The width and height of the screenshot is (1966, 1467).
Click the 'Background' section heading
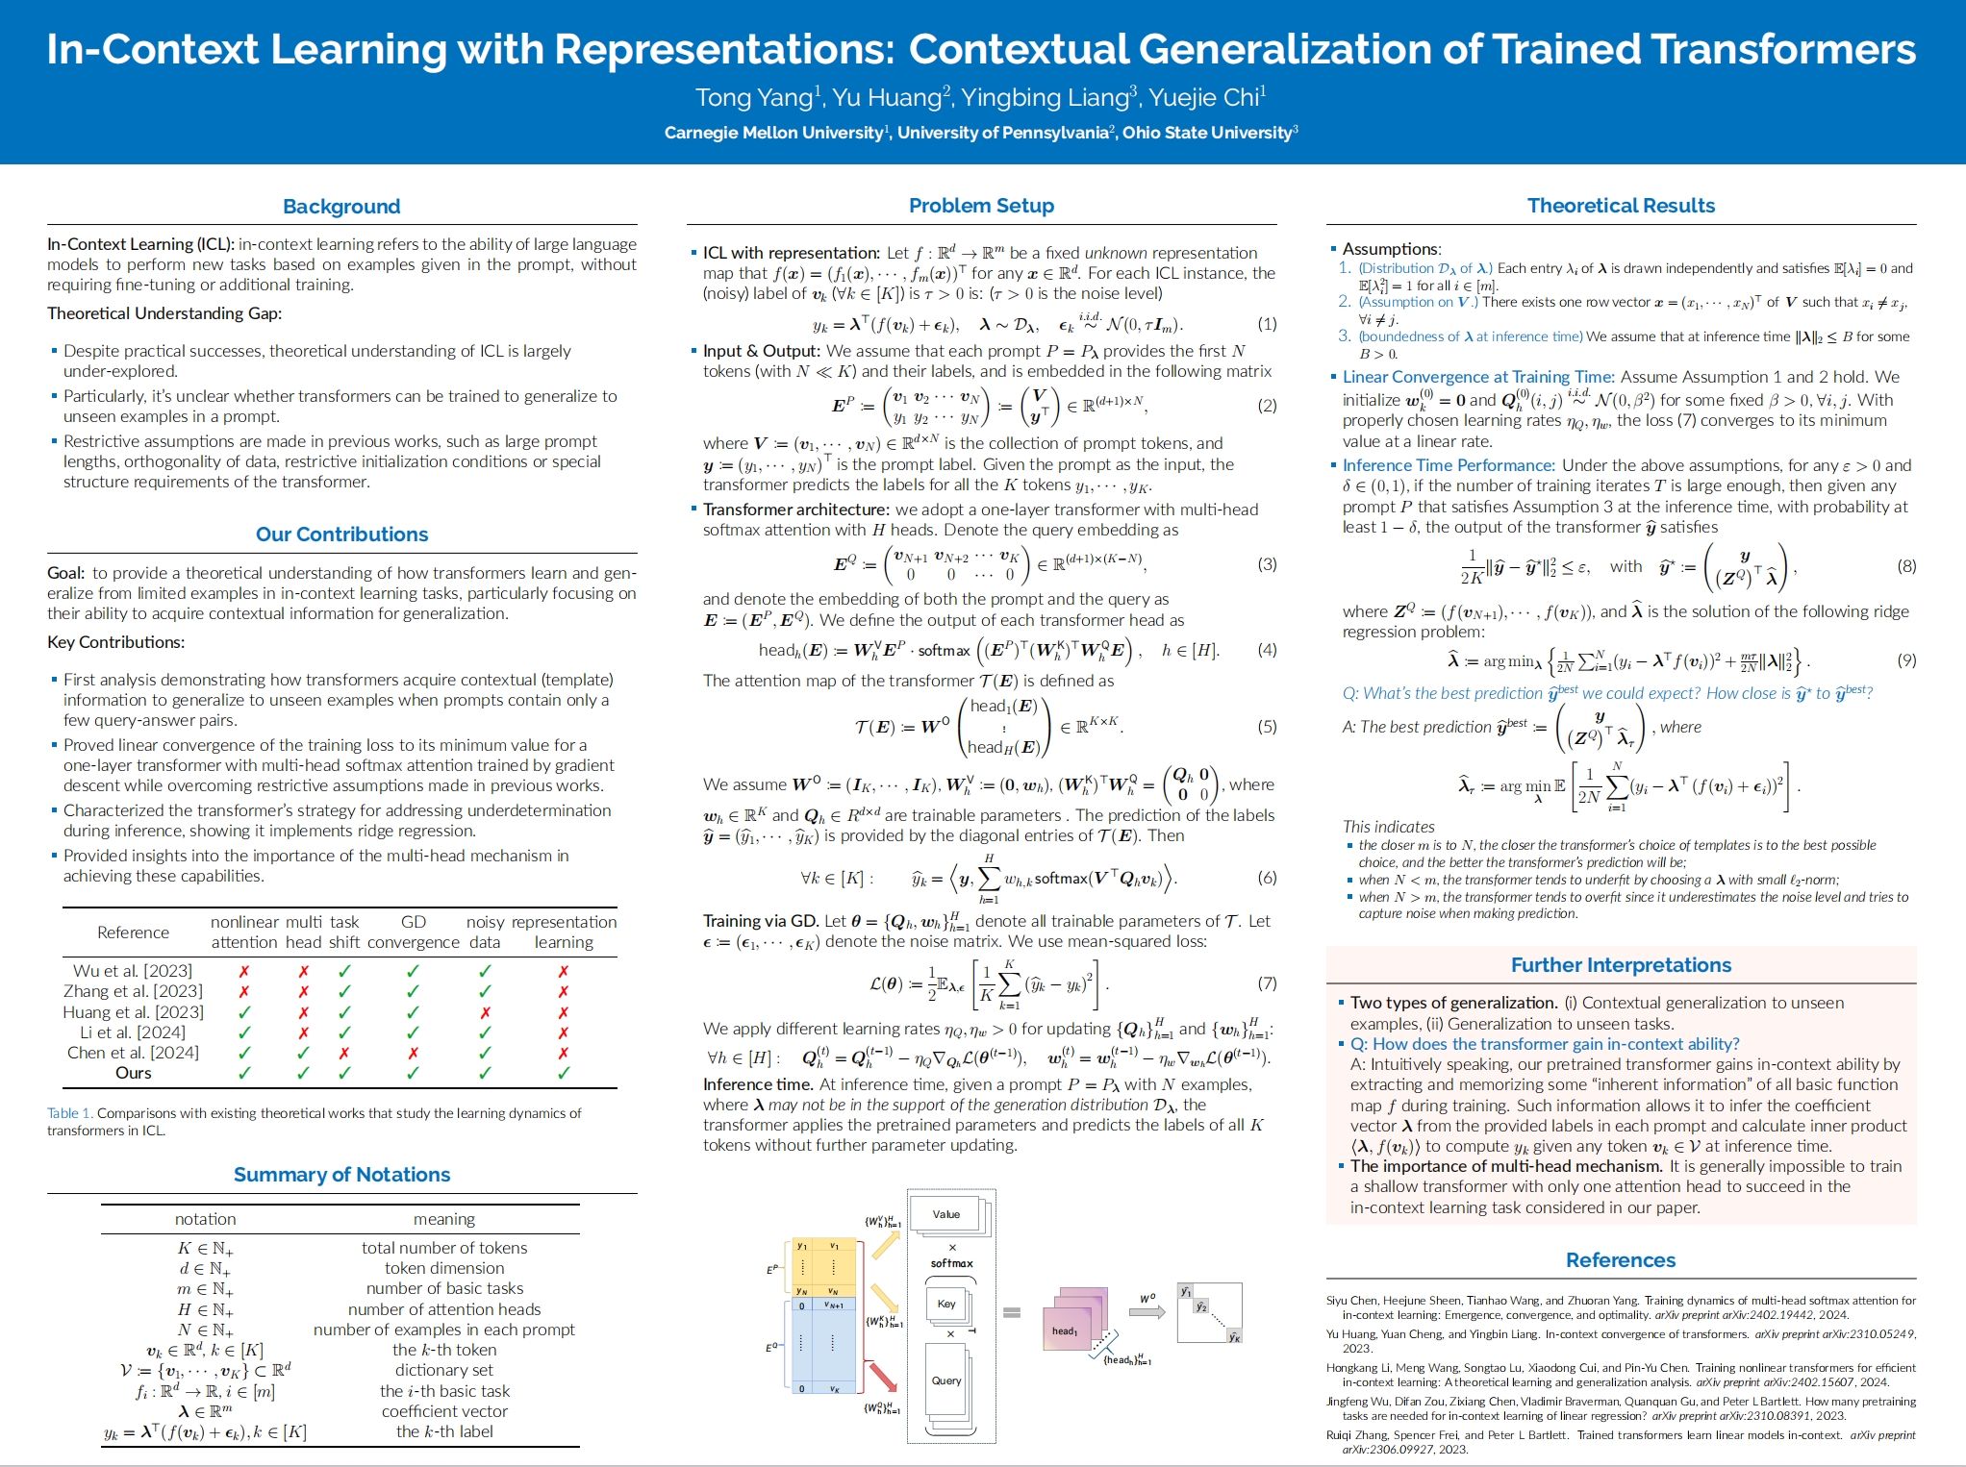341,207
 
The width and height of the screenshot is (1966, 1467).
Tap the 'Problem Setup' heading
981,206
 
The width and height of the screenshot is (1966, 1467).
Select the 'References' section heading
1621,1260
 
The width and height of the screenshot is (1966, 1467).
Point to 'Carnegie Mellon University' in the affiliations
773,133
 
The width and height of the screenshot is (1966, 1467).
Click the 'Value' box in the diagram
946,1214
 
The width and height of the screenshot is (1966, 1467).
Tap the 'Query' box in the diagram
946,1380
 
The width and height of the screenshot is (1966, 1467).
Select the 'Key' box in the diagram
946,1304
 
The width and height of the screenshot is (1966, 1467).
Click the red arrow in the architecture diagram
882,1376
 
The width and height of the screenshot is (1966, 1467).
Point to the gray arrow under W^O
1147,1311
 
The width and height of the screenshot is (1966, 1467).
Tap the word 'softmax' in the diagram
951,1263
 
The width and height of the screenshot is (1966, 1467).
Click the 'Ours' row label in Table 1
134,1073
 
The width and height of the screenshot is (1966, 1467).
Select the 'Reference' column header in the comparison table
133,932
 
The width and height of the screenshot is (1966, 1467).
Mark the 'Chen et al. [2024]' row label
134,1053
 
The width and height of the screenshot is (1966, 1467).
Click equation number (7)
1267,983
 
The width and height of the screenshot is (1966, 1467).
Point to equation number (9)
1906,660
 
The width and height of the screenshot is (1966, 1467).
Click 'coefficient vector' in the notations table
444,1411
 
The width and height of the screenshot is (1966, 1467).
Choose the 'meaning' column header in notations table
444,1219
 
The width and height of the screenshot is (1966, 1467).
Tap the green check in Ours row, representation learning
564,1073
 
